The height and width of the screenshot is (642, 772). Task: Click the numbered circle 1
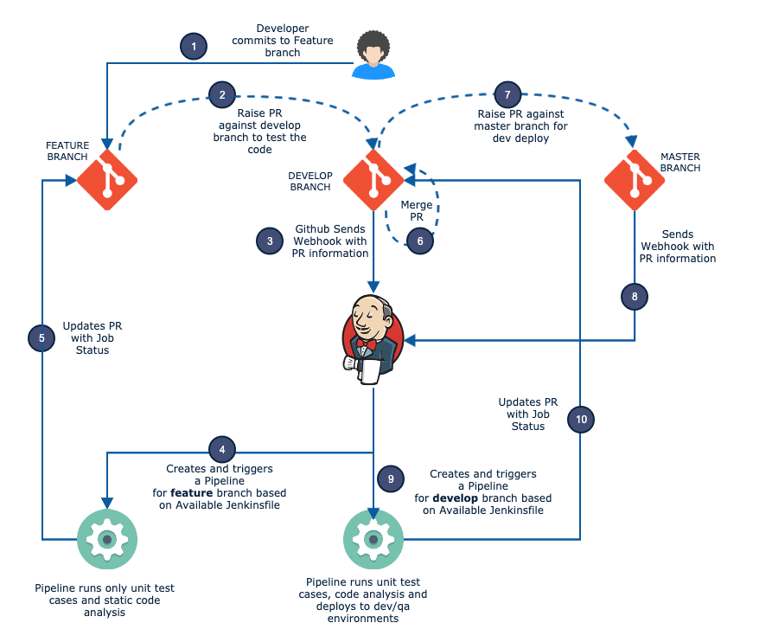pos(195,46)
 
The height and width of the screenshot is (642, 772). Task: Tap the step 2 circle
pos(222,94)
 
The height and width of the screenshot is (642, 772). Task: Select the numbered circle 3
pos(270,241)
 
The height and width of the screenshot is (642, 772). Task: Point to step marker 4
pos(222,449)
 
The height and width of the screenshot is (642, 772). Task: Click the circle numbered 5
pos(41,337)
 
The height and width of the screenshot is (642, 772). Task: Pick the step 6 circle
pos(419,241)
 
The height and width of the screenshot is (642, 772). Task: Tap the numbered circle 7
pos(507,94)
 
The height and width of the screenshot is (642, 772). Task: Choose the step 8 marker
pos(635,297)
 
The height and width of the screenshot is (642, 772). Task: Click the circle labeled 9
pos(391,478)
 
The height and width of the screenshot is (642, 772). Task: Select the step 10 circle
pos(581,420)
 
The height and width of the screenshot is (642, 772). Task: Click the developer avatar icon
pos(373,55)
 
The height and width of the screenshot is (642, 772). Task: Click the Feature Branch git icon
pos(107,180)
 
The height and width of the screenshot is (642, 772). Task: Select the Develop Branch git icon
pos(373,180)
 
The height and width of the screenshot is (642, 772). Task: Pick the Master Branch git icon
pos(634,180)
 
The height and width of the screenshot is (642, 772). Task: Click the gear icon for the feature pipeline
pos(107,540)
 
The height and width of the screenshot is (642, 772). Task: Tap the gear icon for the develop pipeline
pos(373,540)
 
